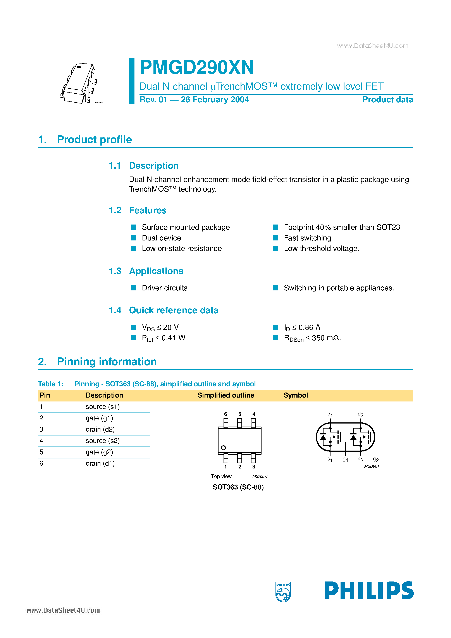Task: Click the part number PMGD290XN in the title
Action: (197, 67)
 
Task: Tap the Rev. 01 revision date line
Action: (194, 99)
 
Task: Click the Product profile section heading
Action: (94, 139)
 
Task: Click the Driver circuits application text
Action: (164, 288)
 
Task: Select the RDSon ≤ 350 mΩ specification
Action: (312, 338)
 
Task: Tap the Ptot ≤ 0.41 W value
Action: (164, 338)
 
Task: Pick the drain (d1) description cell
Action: (100, 463)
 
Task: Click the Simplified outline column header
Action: (225, 395)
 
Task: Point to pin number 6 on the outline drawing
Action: (225, 414)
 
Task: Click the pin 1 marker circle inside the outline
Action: (223, 448)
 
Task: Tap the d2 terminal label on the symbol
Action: (360, 414)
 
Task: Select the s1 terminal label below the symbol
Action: (330, 459)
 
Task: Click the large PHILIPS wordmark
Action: (369, 590)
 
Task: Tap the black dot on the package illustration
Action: (79, 67)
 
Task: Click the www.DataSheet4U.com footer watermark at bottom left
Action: (63, 610)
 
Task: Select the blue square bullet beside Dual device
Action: (133, 238)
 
